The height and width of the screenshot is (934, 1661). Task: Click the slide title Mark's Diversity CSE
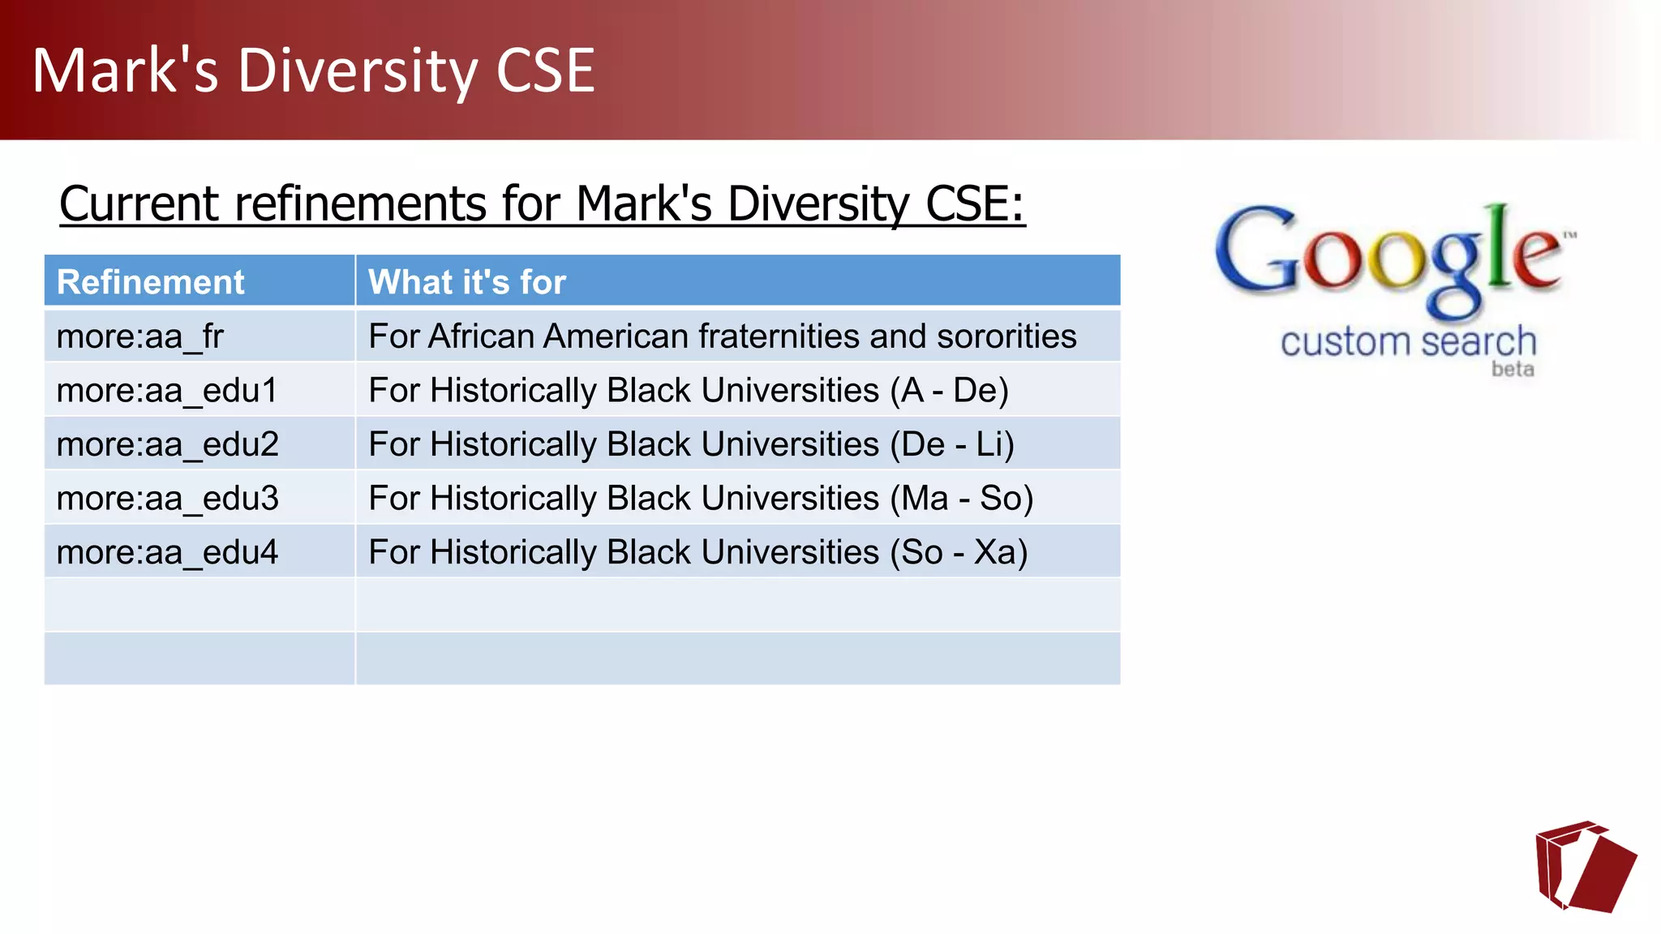point(313,71)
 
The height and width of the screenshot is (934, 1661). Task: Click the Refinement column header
point(150,282)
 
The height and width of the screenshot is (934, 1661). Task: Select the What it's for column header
point(466,282)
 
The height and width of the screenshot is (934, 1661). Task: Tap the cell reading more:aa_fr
point(139,336)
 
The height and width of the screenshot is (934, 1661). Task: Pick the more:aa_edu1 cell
point(167,391)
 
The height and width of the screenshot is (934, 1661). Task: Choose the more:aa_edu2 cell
point(167,444)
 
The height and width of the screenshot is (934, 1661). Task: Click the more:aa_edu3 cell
point(167,499)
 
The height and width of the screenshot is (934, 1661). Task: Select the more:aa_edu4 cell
point(167,553)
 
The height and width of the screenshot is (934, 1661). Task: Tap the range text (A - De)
point(949,391)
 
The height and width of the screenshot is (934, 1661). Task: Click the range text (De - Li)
point(951,444)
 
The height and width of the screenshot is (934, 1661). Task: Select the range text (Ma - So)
point(961,499)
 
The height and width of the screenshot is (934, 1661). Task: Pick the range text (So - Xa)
point(958,553)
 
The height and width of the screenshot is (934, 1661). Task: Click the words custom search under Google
point(1408,342)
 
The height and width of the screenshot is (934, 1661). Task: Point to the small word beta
point(1513,370)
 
